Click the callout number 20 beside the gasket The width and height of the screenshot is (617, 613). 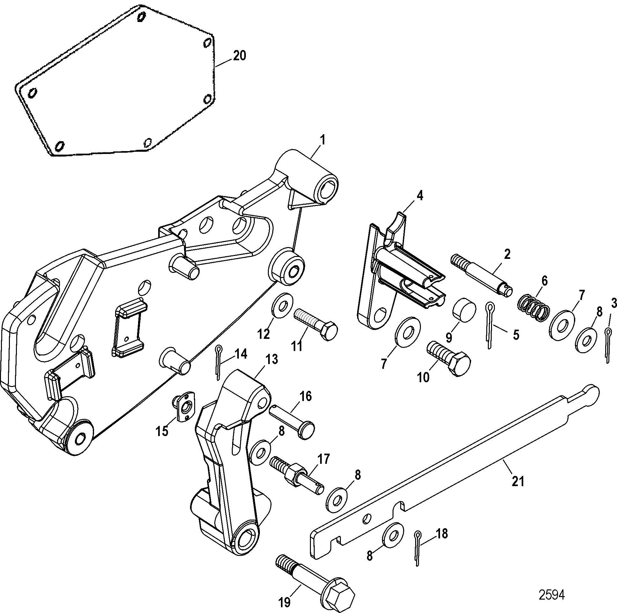click(x=239, y=56)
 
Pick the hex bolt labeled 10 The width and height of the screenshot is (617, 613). click(x=449, y=358)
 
